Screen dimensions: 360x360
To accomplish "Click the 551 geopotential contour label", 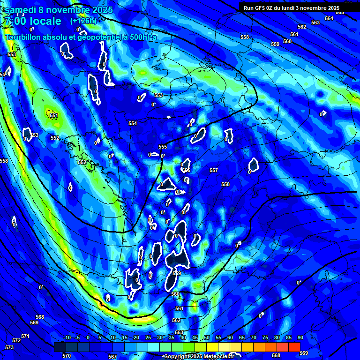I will [x=54, y=115].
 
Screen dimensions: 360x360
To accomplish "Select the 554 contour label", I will [x=133, y=123].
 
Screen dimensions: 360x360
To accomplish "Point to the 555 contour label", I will [x=163, y=147].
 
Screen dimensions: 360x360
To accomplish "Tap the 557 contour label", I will [x=214, y=170].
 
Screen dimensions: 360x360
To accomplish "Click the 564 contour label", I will [x=329, y=18].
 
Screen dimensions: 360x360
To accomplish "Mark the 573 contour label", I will [x=9, y=347].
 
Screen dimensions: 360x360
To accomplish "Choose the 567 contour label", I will [x=112, y=357].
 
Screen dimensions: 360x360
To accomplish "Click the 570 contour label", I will [x=67, y=356].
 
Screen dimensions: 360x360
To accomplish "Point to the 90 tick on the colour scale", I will [x=300, y=338].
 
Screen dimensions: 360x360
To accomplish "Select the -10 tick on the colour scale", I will [x=67, y=338].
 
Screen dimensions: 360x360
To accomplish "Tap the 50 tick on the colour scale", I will [x=207, y=338].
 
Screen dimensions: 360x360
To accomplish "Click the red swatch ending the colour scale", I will [x=294, y=346].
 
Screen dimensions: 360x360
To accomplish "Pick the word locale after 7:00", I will [x=45, y=21].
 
